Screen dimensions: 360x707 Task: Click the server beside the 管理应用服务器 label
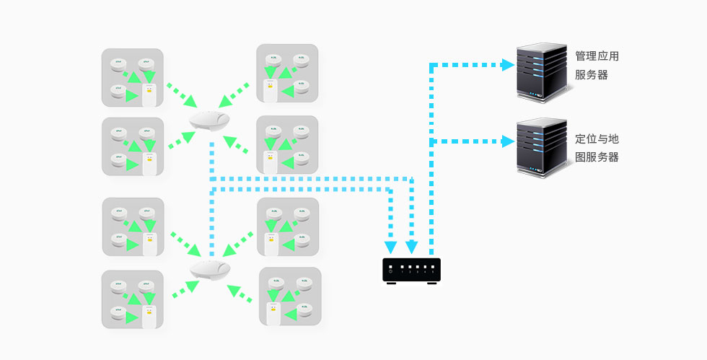539,73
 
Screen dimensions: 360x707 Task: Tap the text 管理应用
597,56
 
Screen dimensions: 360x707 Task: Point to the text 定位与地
597,139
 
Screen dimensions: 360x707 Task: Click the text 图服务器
597,157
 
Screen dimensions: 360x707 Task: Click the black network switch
411,270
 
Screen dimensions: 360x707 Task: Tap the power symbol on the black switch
390,271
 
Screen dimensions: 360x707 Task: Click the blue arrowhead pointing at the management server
508,65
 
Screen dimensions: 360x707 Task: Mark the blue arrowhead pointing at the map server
508,142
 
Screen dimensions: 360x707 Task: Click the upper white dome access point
209,120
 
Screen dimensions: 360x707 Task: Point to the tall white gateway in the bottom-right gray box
273,315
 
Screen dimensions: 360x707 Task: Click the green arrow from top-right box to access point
234,93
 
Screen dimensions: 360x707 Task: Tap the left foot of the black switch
390,284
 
